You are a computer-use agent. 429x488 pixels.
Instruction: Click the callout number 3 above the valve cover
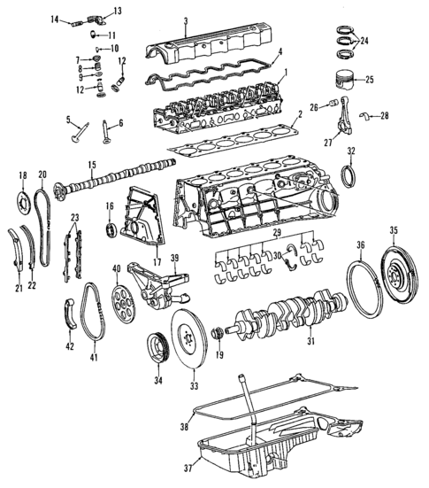pyautogui.click(x=186, y=20)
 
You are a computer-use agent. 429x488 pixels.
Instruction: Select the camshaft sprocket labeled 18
pyautogui.click(x=24, y=197)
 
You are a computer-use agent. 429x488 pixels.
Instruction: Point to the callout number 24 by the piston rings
pyautogui.click(x=366, y=41)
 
